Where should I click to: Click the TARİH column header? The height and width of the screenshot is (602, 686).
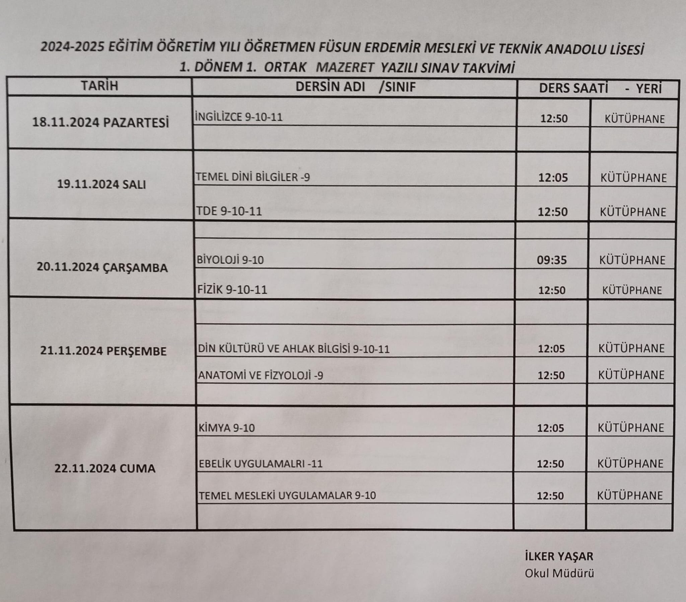click(x=99, y=86)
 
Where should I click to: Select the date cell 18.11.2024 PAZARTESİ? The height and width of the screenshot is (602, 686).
click(x=100, y=123)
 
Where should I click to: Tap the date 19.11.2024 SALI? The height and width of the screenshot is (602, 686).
click(x=101, y=184)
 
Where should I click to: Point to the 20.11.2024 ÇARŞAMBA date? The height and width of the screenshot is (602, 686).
click(x=102, y=268)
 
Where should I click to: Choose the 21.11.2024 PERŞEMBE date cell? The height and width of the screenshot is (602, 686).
click(x=104, y=351)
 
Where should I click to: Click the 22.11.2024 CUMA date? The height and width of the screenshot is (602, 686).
click(x=105, y=468)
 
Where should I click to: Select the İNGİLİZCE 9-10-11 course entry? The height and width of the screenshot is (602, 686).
click(x=238, y=117)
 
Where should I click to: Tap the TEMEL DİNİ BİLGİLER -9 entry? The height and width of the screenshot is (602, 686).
click(x=253, y=177)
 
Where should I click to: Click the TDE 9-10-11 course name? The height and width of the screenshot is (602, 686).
click(x=229, y=211)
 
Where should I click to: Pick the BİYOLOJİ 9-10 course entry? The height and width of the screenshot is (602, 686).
click(x=230, y=260)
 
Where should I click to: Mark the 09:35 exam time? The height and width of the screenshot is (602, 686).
click(x=552, y=260)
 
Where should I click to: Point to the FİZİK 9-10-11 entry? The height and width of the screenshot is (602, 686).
click(x=232, y=290)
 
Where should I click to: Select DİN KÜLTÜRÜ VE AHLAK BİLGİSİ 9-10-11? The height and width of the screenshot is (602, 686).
click(x=294, y=349)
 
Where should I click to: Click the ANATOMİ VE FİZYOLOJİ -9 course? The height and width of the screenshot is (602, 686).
click(x=261, y=375)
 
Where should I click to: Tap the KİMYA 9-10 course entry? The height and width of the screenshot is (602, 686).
click(x=227, y=428)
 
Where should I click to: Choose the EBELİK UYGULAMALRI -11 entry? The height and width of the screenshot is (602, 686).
click(x=261, y=464)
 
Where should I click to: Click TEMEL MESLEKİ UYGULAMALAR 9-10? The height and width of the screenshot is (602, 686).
click(x=287, y=496)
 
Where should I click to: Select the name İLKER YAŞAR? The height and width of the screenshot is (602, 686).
click(x=559, y=556)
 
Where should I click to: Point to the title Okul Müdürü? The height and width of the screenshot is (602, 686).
click(x=559, y=574)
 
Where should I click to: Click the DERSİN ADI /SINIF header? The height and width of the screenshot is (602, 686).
click(x=355, y=87)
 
